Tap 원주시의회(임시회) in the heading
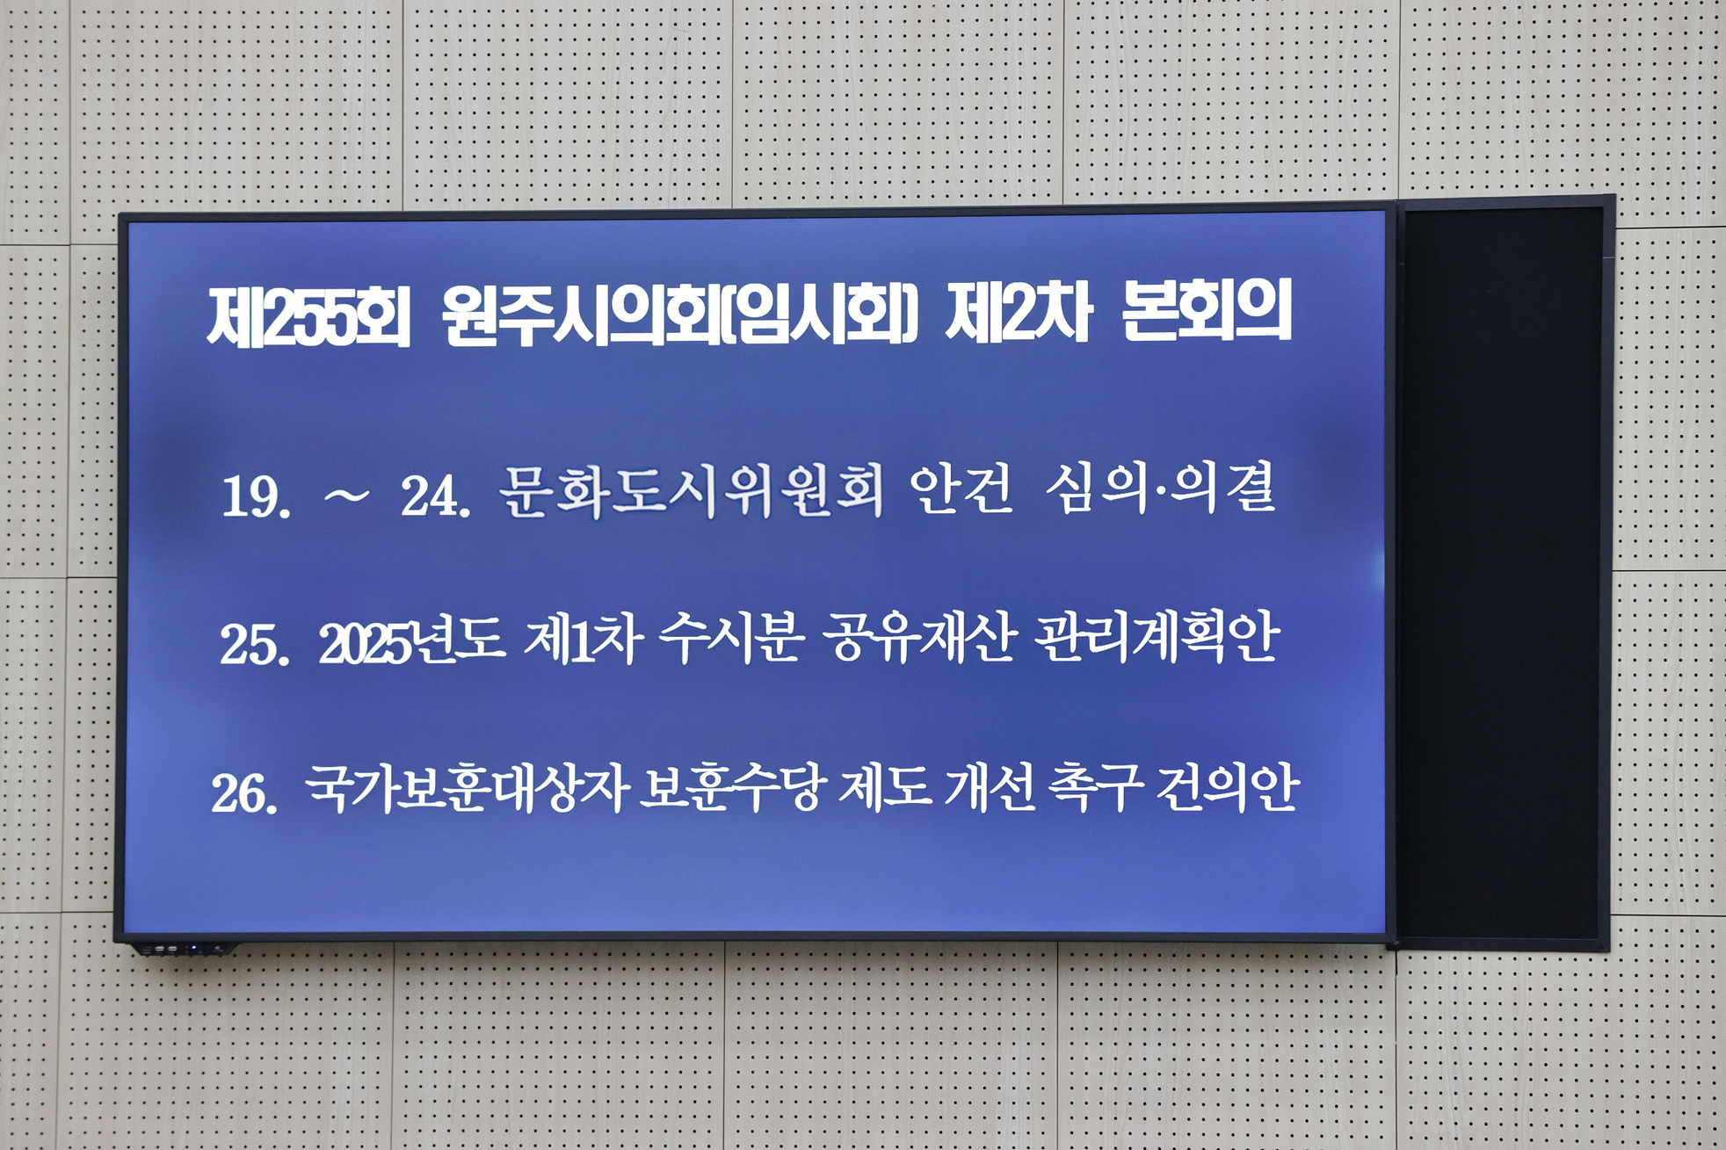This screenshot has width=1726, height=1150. pos(680,315)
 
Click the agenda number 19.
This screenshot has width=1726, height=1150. pos(256,496)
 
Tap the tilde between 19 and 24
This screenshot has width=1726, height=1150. pos(346,496)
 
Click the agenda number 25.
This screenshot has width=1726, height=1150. pos(254,645)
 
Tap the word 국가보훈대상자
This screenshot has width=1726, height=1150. pos(466,788)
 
